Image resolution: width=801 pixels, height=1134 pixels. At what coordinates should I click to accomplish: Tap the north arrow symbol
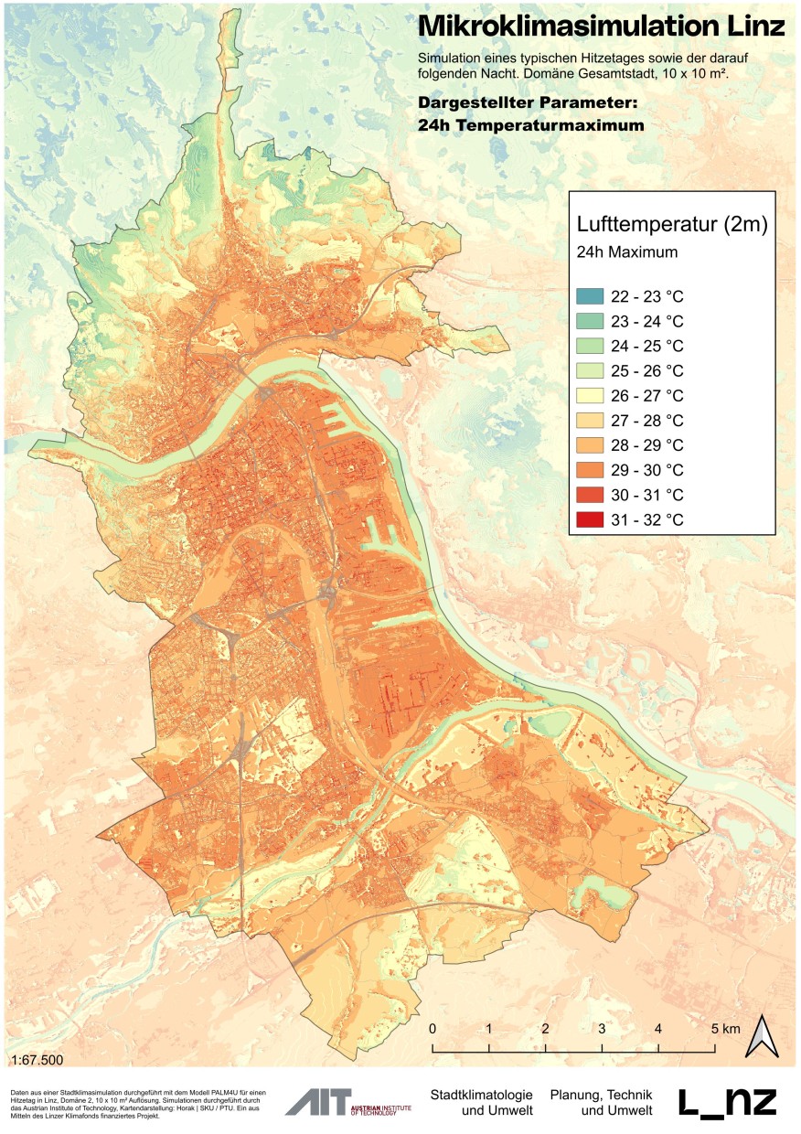click(x=761, y=1035)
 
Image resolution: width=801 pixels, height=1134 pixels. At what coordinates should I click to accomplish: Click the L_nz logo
click(x=728, y=1102)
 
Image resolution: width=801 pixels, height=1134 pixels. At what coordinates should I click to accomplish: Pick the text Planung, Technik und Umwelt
click(x=601, y=1102)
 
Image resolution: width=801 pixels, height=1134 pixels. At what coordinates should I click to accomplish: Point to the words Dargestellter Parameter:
click(x=528, y=101)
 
